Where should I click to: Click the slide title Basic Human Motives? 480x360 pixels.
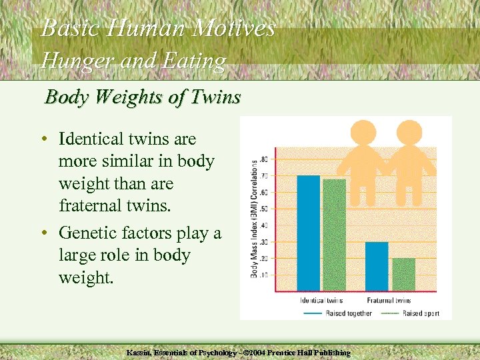tap(158, 28)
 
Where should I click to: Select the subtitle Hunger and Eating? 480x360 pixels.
tap(133, 61)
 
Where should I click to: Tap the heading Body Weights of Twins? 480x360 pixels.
tap(142, 97)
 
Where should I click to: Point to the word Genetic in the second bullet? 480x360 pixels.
tap(85, 233)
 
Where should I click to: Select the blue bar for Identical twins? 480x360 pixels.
tap(308, 233)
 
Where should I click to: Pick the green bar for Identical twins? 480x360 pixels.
tap(334, 235)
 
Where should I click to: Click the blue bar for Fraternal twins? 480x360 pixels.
tap(377, 266)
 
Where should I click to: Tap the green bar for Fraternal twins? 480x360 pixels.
tap(403, 274)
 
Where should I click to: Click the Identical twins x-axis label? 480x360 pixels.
tap(321, 301)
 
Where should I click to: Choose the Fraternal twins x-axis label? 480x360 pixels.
tap(389, 301)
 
